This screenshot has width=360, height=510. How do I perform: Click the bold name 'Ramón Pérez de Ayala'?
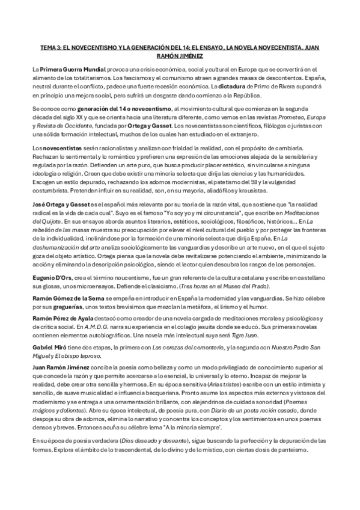tap(63, 317)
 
